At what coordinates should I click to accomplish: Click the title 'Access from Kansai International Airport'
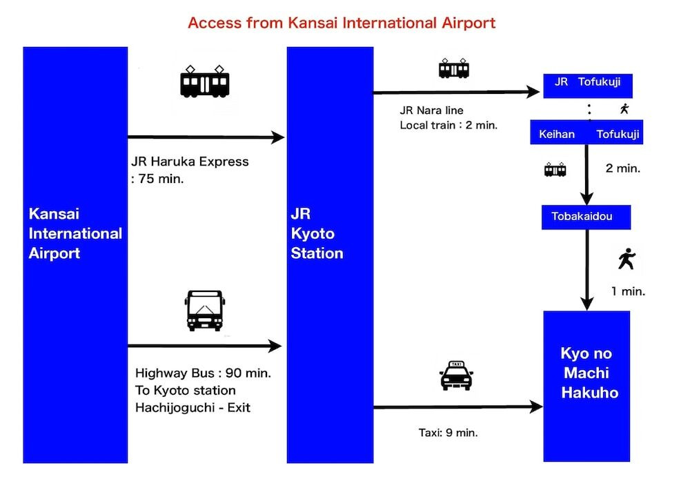click(x=342, y=23)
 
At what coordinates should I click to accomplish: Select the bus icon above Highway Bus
click(x=205, y=310)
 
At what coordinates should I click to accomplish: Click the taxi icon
click(x=456, y=375)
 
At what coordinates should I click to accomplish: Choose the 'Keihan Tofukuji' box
click(x=586, y=133)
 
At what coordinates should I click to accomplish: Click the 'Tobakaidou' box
click(x=586, y=217)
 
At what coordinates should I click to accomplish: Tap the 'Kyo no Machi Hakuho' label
click(x=586, y=373)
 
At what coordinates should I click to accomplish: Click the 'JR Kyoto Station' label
click(x=316, y=234)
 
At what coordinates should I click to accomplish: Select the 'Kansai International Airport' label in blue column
click(x=75, y=233)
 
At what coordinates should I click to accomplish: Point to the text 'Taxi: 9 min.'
click(x=448, y=433)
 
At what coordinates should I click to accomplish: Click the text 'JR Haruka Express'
click(x=190, y=162)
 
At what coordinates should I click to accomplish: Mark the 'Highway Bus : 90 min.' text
click(x=203, y=373)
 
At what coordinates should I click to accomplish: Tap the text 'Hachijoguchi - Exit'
click(x=193, y=407)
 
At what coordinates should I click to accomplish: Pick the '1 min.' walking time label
click(x=628, y=291)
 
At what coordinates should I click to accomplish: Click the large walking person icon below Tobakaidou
click(x=625, y=260)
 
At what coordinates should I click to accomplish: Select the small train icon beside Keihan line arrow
click(x=555, y=169)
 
